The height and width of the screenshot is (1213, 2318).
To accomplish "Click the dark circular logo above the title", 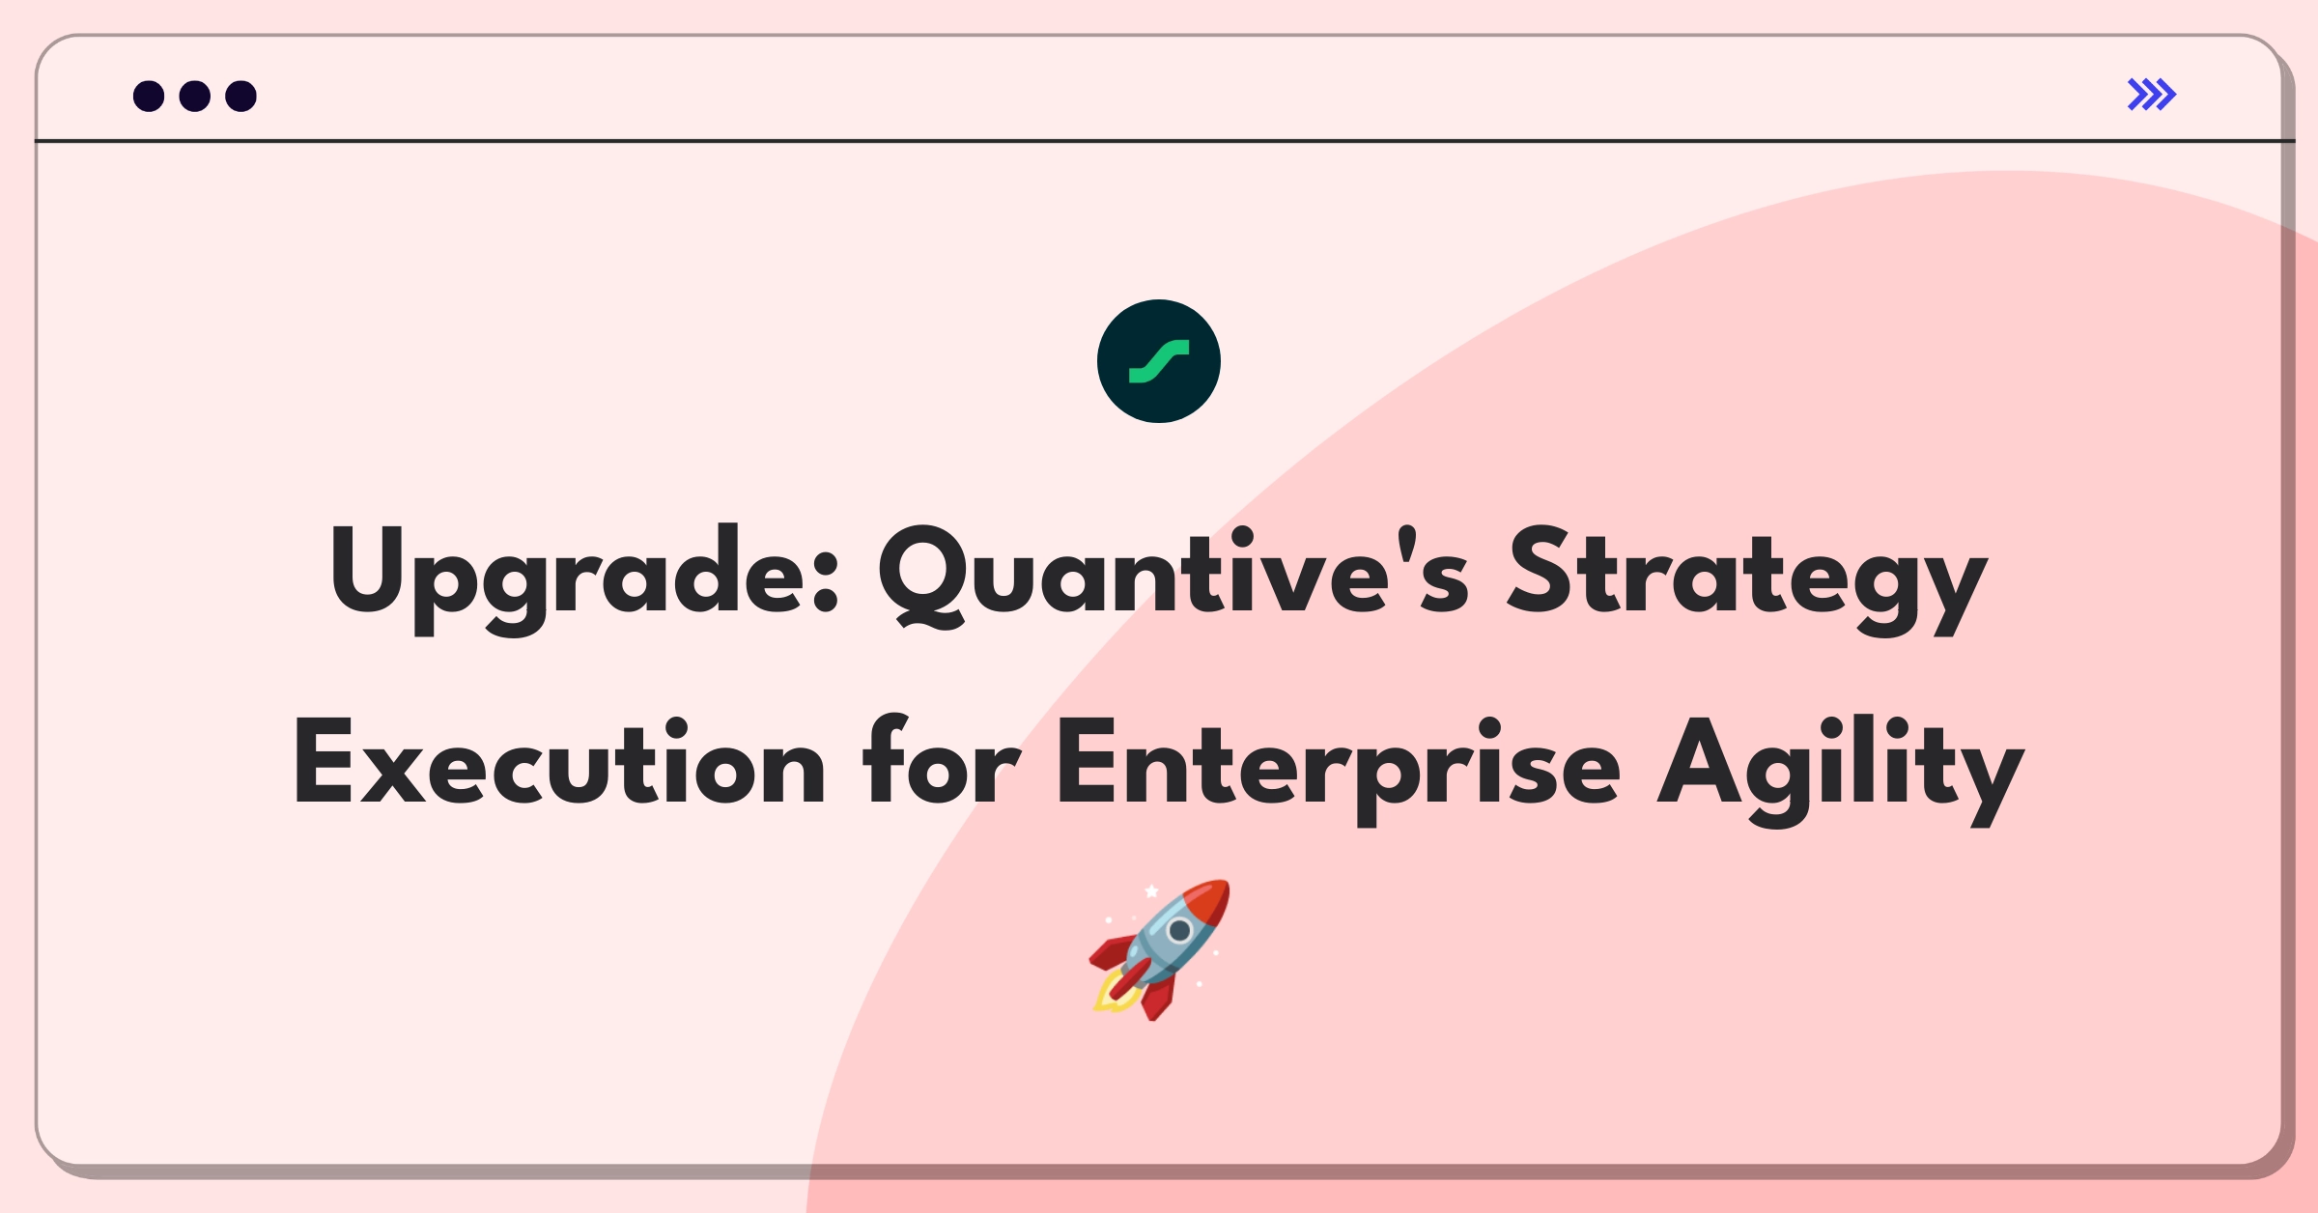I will point(1158,361).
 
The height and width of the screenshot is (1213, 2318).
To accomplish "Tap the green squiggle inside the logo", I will point(1158,362).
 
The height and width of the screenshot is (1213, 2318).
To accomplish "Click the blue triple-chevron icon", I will point(2151,95).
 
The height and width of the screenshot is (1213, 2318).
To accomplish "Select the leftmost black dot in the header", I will point(149,96).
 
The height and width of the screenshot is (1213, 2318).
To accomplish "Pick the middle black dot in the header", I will point(195,96).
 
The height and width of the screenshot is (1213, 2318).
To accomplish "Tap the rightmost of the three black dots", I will point(240,96).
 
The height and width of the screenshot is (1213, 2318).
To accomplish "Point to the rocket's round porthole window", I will point(1179,930).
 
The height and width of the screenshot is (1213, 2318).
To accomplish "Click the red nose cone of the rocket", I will point(1209,900).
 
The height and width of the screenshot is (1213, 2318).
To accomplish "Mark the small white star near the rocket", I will point(1151,890).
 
